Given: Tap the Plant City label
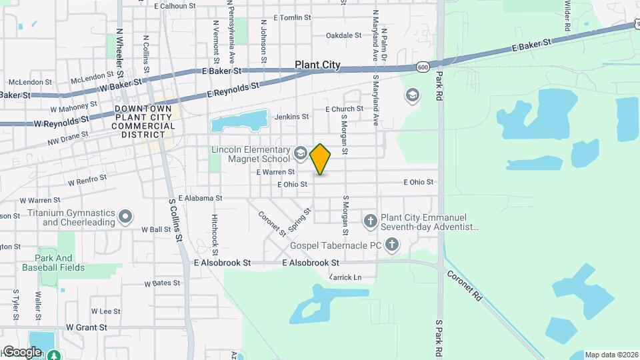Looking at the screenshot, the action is coord(318,65).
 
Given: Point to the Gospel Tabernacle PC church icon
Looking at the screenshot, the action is coord(392,245).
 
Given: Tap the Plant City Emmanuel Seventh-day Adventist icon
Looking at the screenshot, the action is coord(371,220).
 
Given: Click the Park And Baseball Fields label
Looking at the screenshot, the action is coord(54,263).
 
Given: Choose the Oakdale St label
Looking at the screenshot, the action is coord(343,35).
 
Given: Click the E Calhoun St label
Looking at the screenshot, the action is coord(175,5).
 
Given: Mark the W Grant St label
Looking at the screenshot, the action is coord(87,327).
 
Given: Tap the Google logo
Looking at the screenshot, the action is coord(22,351).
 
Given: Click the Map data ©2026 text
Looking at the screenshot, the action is coord(611,355).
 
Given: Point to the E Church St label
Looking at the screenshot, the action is coord(344,109).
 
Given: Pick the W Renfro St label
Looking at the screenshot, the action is coord(87,179).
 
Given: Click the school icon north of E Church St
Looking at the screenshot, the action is coord(412,96).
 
